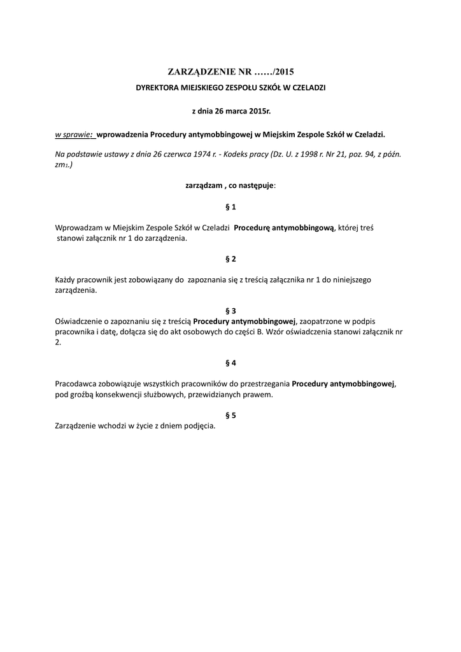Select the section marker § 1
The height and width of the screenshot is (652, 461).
point(230,207)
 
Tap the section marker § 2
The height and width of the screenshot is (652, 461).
point(230,259)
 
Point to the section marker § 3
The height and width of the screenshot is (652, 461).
point(230,311)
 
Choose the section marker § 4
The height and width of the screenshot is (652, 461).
point(230,363)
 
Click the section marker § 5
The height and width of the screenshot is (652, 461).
point(230,415)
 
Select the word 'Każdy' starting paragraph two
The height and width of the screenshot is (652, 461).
point(67,280)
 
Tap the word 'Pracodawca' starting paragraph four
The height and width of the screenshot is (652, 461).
point(77,384)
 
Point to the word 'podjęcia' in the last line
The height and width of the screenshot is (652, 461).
point(200,426)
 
